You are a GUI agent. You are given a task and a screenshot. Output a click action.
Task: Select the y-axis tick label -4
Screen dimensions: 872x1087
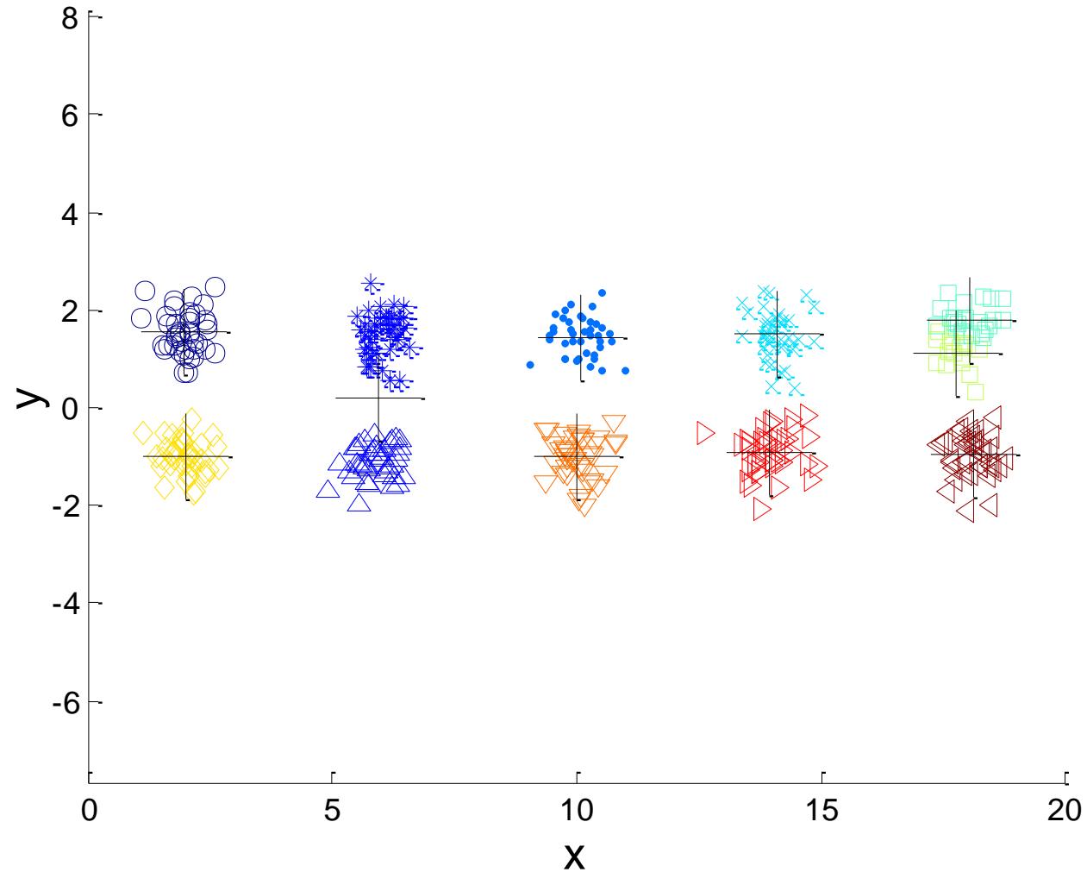(66, 604)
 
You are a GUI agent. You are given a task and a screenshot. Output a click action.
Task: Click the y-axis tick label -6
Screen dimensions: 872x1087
(66, 702)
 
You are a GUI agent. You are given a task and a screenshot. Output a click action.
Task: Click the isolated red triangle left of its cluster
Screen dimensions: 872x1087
(705, 433)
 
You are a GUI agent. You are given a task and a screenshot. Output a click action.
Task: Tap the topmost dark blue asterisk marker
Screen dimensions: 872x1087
(371, 283)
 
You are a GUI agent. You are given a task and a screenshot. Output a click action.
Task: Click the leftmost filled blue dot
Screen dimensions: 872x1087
(530, 365)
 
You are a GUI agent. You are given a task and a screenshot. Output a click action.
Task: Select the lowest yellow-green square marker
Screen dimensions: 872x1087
(975, 392)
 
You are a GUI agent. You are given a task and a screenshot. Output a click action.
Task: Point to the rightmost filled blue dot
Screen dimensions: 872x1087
(625, 371)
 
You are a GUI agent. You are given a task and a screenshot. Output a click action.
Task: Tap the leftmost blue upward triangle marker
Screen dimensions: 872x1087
(327, 490)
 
